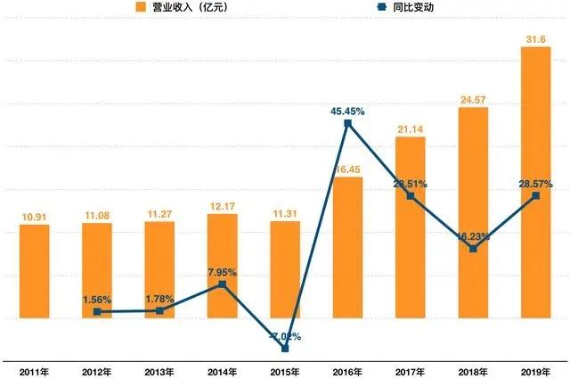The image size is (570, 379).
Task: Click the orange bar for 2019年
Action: pyautogui.click(x=535, y=182)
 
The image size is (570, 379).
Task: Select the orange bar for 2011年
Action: pyautogui.click(x=35, y=271)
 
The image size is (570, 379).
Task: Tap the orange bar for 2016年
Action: pyautogui.click(x=347, y=247)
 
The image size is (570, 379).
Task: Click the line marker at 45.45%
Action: pyautogui.click(x=348, y=124)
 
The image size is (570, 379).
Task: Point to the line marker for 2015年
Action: pyautogui.click(x=285, y=349)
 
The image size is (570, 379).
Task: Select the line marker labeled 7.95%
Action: pyautogui.click(x=223, y=284)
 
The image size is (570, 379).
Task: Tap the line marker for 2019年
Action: pyautogui.click(x=535, y=195)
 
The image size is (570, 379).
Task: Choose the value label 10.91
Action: pyautogui.click(x=35, y=215)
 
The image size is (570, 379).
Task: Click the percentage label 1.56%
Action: pyautogui.click(x=96, y=300)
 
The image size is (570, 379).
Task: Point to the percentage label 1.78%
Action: pyautogui.click(x=159, y=299)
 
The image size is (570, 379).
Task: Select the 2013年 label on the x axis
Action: pyautogui.click(x=159, y=370)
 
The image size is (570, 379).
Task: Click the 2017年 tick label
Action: pyautogui.click(x=411, y=370)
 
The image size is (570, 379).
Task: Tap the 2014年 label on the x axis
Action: pyautogui.click(x=222, y=370)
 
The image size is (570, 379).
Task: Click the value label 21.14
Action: pyautogui.click(x=411, y=130)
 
